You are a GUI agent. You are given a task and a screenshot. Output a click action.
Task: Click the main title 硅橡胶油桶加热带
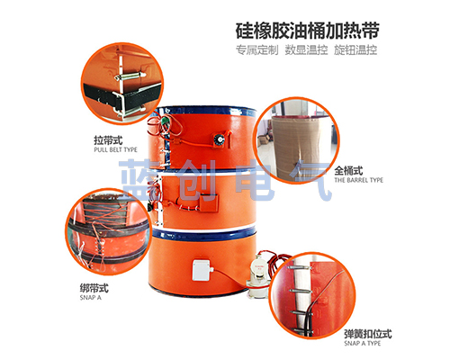point(308,31)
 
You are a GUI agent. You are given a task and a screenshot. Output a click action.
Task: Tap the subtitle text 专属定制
point(256,50)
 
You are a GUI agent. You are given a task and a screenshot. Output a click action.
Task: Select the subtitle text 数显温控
point(306,50)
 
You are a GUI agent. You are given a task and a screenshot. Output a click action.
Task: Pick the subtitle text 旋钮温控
point(355,50)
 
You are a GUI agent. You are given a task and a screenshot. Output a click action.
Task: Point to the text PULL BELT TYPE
point(115,149)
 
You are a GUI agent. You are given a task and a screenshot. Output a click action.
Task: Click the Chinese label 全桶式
point(348,171)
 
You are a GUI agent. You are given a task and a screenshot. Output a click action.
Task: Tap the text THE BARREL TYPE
point(359,180)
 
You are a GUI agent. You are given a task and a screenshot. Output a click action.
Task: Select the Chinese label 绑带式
point(94,288)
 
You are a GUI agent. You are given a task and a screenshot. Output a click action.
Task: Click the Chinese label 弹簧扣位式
point(368,334)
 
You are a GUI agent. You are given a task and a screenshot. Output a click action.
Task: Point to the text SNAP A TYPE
point(363,343)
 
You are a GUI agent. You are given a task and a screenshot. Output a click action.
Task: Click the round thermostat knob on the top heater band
point(219,139)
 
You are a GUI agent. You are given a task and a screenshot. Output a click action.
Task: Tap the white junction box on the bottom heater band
point(202,270)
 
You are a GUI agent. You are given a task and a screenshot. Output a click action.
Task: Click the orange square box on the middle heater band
point(209,202)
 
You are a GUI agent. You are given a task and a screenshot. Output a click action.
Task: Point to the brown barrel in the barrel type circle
point(297,147)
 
